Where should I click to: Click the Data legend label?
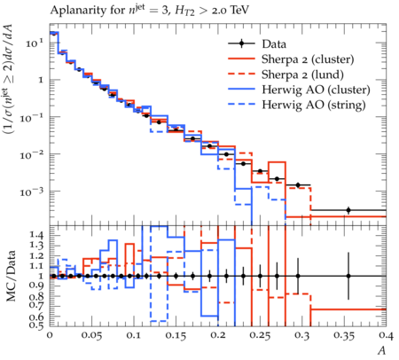[x=274, y=44]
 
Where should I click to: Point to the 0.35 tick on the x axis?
[x=344, y=336]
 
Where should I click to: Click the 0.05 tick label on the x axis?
[x=91, y=336]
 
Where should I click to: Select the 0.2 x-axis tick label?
[x=218, y=335]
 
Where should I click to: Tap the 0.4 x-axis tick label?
[x=387, y=335]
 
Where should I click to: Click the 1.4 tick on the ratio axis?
[x=36, y=235]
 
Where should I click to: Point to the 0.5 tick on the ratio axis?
[x=36, y=325]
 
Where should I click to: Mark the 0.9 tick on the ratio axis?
[x=36, y=286]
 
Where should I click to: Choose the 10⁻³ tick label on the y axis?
[x=31, y=192]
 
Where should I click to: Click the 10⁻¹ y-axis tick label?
[x=31, y=117]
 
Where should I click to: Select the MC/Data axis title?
[x=12, y=276]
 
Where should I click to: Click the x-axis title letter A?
[x=382, y=350]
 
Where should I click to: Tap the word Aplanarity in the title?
[x=78, y=11]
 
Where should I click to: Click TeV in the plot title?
[x=239, y=10]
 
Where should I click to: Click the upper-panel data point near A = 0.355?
[x=348, y=210]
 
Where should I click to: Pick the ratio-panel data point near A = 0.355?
[x=348, y=276]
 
